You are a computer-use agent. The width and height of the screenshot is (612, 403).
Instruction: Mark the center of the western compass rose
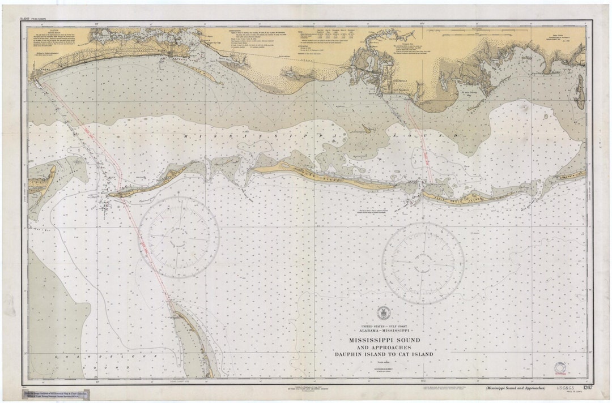point(179,237)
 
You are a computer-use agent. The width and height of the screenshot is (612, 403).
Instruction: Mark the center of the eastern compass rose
point(423,263)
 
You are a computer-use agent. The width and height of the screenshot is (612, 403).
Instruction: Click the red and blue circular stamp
point(560,369)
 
